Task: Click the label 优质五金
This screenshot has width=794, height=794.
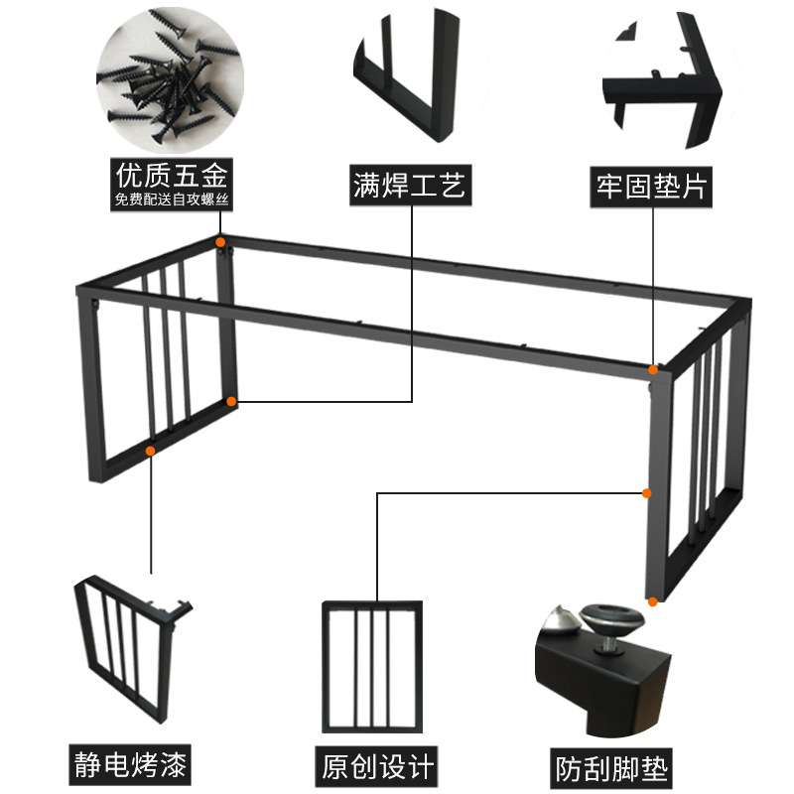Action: [x=172, y=176]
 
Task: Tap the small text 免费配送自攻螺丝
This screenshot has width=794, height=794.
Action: [x=172, y=199]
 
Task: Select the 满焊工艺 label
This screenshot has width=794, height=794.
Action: [x=410, y=185]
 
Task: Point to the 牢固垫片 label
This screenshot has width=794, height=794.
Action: [x=651, y=187]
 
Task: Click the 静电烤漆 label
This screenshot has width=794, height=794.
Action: [x=130, y=764]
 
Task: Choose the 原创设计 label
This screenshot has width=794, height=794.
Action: [x=377, y=766]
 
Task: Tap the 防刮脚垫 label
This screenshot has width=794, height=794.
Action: [x=611, y=768]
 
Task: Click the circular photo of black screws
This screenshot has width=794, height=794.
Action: [x=170, y=79]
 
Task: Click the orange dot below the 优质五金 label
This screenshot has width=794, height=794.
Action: [x=220, y=242]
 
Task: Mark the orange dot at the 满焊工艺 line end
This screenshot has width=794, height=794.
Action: [x=231, y=402]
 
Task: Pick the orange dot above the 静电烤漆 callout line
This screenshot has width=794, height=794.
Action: [x=151, y=451]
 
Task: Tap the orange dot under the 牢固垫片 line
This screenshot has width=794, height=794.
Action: [x=653, y=370]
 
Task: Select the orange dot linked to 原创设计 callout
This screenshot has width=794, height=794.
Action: [x=647, y=493]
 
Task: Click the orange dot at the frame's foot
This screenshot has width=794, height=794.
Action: [x=653, y=601]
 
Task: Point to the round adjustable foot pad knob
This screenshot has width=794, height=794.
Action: [x=611, y=617]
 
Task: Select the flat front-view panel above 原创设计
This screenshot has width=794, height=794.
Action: [x=372, y=666]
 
